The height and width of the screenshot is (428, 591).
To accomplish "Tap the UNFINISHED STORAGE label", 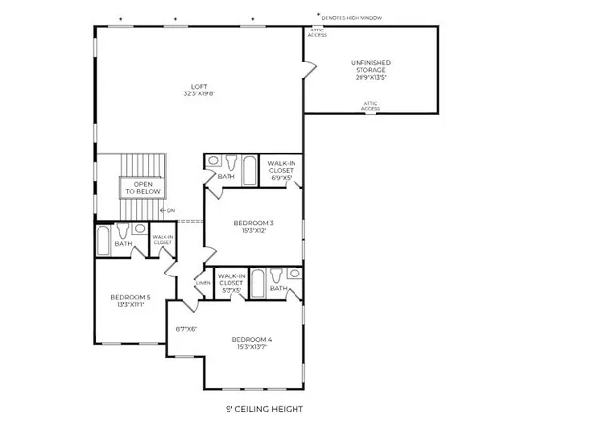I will tap(370, 71).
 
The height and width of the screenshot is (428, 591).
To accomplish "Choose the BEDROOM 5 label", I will tap(130, 300).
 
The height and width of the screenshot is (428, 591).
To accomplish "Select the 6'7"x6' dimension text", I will tap(187, 329).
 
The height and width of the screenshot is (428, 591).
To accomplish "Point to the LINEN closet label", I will tap(203, 285).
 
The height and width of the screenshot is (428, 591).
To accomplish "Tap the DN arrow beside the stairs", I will tap(168, 210).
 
